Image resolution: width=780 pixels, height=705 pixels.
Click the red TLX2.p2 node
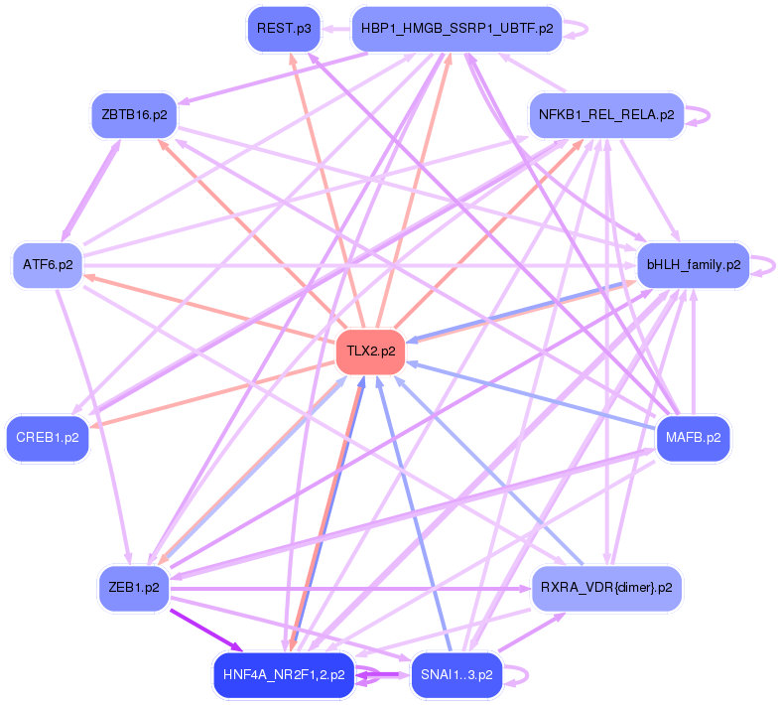[x=371, y=352]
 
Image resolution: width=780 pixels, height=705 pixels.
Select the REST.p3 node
[x=284, y=29]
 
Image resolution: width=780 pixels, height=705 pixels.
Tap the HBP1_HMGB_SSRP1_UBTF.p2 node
[x=456, y=29]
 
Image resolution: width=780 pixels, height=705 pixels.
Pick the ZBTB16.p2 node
[x=134, y=114]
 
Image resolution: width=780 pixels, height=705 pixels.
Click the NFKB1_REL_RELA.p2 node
[x=605, y=114]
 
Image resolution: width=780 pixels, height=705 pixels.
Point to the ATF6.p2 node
[x=48, y=265]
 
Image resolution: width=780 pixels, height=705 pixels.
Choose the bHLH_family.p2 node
[x=693, y=265]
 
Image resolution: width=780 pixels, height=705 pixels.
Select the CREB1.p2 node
[x=48, y=437]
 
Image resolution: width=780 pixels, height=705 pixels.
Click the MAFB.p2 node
[x=693, y=437]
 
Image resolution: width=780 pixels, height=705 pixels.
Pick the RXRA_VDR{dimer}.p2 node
[x=605, y=587]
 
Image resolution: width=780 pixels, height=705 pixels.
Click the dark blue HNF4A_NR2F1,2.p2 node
[x=284, y=675]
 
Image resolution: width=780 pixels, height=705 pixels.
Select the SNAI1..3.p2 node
[x=456, y=675]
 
